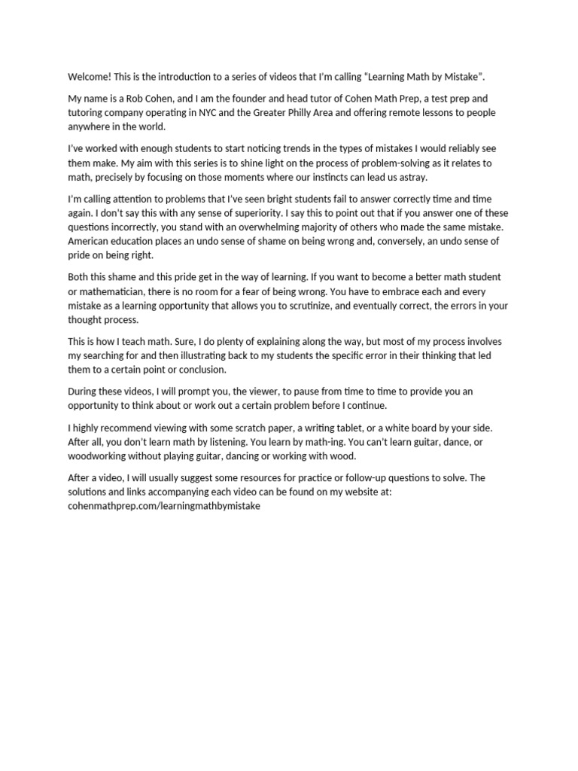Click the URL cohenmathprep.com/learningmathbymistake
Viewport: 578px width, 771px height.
tap(164, 507)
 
